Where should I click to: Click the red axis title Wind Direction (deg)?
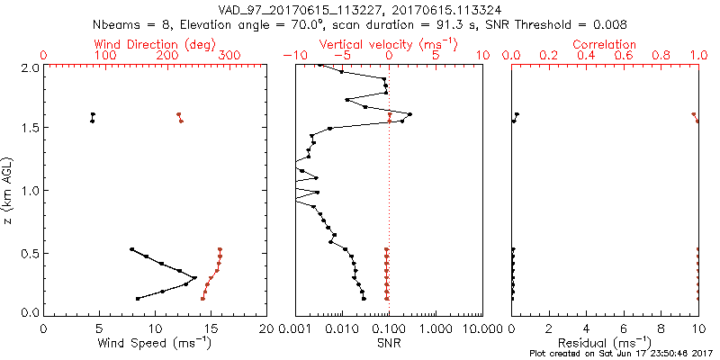point(154,44)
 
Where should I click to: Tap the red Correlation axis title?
point(604,44)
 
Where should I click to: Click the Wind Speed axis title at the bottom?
point(154,342)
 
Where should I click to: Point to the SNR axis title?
point(389,342)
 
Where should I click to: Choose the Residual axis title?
point(604,342)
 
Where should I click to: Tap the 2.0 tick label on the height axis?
point(29,67)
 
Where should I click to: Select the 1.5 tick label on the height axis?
point(29,129)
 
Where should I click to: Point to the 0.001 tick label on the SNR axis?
point(295,328)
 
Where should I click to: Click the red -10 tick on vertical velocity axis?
point(291,56)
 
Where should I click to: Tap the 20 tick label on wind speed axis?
point(266,328)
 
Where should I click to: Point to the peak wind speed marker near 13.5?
point(194,278)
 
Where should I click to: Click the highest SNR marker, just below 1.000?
point(409,114)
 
